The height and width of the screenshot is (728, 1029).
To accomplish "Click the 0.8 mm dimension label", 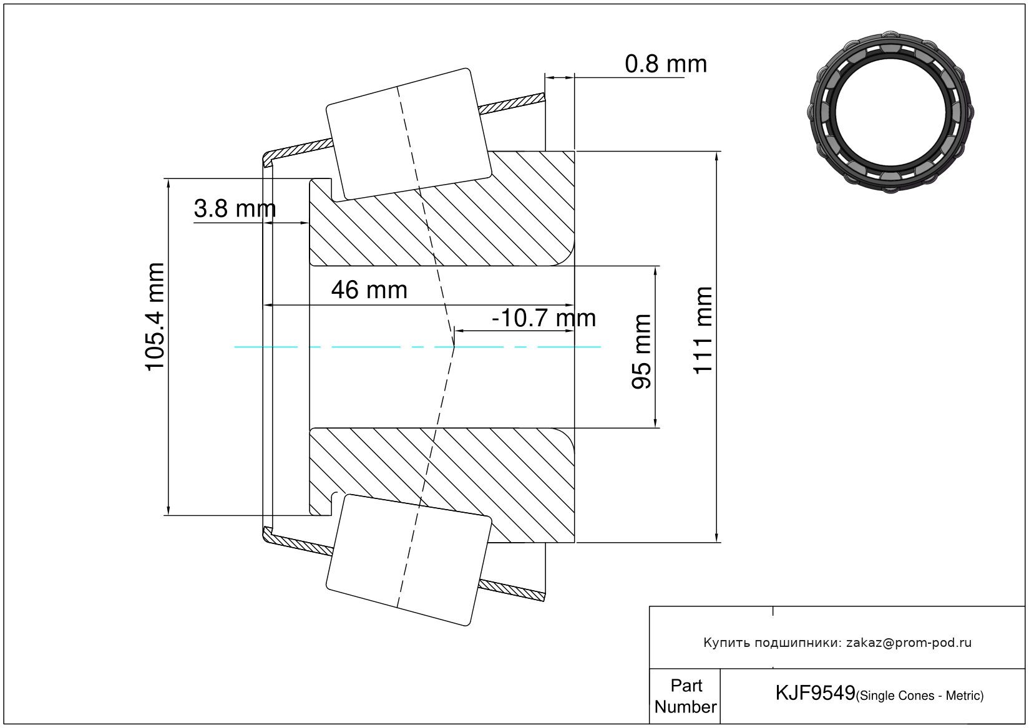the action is pyautogui.click(x=666, y=64).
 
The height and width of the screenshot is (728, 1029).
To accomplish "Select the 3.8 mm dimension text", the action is pyautogui.click(x=235, y=208).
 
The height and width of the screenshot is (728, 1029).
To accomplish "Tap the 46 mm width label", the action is pyautogui.click(x=369, y=290).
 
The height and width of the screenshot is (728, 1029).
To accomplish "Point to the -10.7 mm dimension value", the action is pyautogui.click(x=544, y=318).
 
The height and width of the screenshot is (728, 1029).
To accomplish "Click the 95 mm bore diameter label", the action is pyautogui.click(x=641, y=352).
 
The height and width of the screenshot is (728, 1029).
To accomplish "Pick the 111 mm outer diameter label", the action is pyautogui.click(x=703, y=331).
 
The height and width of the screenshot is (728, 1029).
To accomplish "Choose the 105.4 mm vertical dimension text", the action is pyautogui.click(x=155, y=317).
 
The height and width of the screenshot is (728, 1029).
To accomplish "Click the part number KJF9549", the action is pyautogui.click(x=815, y=693).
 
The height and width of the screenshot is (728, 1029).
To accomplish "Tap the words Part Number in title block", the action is pyautogui.click(x=686, y=696).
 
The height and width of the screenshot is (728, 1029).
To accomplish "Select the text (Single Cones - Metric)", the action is pyautogui.click(x=920, y=696).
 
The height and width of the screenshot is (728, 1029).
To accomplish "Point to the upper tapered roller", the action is pyautogui.click(x=409, y=135).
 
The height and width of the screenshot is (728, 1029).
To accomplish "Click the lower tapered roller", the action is pyautogui.click(x=409, y=560).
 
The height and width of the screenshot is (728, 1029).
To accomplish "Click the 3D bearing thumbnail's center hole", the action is pyautogui.click(x=890, y=112).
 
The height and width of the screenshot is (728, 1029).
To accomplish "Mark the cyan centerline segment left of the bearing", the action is pyautogui.click(x=266, y=347).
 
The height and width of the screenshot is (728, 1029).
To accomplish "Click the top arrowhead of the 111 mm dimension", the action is pyautogui.click(x=716, y=156).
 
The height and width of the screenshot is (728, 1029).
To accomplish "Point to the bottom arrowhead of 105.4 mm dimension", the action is pyautogui.click(x=168, y=510).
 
